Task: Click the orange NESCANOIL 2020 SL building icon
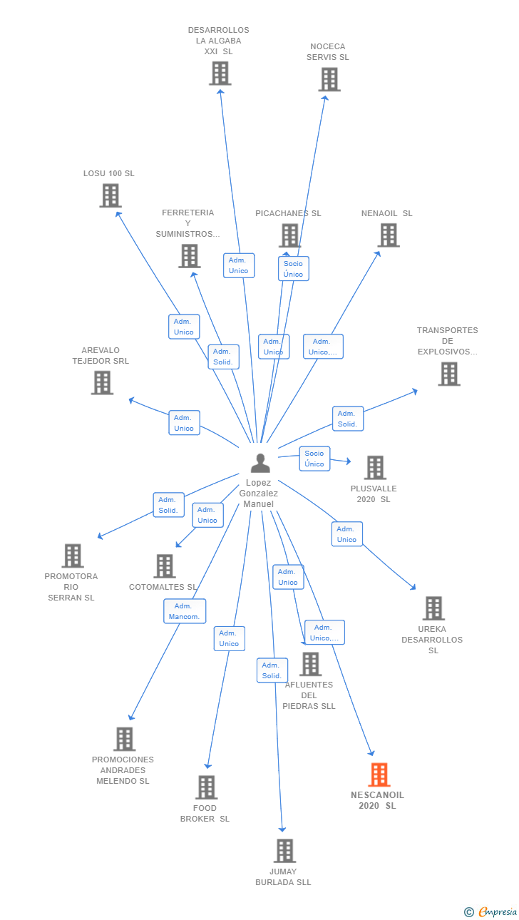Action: [379, 775]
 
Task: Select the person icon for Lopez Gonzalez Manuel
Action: [260, 463]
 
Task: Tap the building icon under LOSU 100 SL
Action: [111, 195]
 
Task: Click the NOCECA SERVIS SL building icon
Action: [329, 79]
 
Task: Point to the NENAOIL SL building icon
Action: [389, 235]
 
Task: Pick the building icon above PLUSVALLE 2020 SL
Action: [375, 467]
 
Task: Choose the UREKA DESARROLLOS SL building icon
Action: [433, 608]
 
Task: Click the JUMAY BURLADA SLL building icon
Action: [284, 851]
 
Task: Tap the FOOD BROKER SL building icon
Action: [206, 787]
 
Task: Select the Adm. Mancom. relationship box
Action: [185, 611]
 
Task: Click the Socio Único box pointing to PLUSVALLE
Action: [314, 459]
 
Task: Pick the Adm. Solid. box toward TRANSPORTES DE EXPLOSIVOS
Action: [348, 419]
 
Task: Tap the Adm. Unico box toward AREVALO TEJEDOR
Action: [185, 423]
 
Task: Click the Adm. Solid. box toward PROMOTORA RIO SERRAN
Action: [169, 505]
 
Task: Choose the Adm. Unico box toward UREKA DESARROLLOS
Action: [347, 534]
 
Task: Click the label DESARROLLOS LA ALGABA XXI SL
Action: [218, 41]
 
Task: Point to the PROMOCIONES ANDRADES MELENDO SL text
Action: [123, 770]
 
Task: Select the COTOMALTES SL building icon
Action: [165, 566]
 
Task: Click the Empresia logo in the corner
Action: [490, 911]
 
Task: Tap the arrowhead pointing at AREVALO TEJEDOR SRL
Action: [131, 399]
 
